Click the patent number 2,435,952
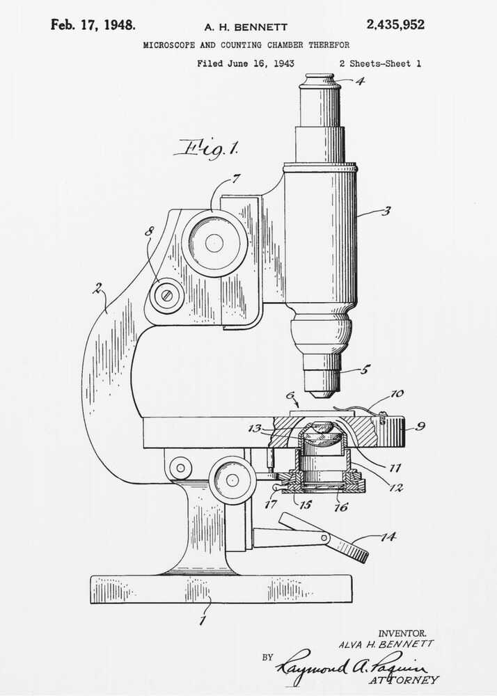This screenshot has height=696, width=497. [x=395, y=25]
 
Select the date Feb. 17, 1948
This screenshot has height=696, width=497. [x=93, y=25]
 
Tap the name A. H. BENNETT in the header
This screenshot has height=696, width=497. [x=245, y=27]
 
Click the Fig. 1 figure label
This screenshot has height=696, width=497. [x=207, y=148]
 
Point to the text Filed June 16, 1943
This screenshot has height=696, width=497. [x=245, y=63]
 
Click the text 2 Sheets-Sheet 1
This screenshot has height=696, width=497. [x=379, y=63]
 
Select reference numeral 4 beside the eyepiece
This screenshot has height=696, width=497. [x=359, y=80]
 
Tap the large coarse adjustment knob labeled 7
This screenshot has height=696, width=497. [x=214, y=243]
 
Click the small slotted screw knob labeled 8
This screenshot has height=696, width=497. [x=166, y=295]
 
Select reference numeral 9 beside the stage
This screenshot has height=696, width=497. [x=420, y=426]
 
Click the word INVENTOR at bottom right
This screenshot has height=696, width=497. [x=402, y=633]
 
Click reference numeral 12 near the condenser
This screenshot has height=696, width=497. [x=396, y=488]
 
